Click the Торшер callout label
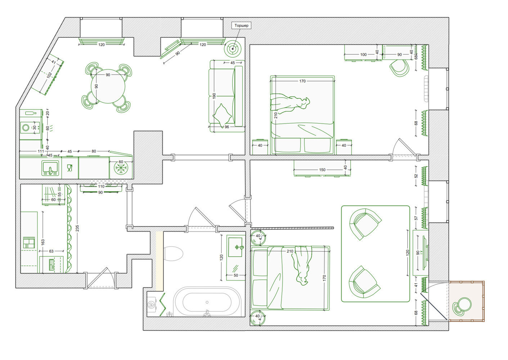tap(241, 26)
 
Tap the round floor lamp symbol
tap(233, 49)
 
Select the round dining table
tap(108, 86)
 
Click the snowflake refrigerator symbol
tap(121, 169)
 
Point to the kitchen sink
tap(50, 168)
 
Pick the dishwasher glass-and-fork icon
tap(69, 168)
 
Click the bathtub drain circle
tap(207, 302)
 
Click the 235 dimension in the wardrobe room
tap(77, 228)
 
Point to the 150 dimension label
tap(322, 170)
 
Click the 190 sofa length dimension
tap(214, 96)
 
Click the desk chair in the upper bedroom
tap(399, 67)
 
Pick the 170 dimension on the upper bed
tap(302, 81)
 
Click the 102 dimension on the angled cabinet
tap(49, 75)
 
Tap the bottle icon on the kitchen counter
tap(31, 113)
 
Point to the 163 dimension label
tap(43, 242)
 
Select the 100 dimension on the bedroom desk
tap(363, 55)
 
